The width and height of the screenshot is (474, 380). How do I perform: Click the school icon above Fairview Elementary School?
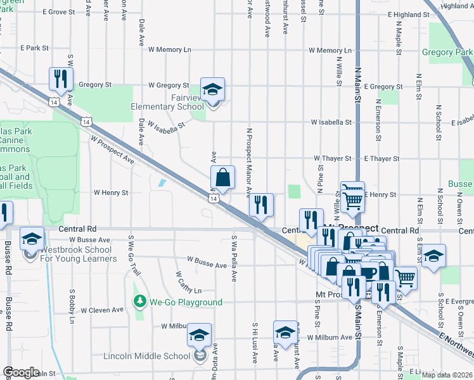(x=213, y=90)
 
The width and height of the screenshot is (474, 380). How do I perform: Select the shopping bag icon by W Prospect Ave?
(x=222, y=179)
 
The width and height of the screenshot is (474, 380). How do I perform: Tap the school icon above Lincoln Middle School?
(x=200, y=336)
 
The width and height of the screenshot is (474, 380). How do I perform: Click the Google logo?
(x=21, y=372)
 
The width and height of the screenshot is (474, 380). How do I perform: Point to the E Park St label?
(x=34, y=47)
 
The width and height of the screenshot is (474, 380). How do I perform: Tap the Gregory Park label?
(x=447, y=53)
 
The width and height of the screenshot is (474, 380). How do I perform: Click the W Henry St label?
(x=111, y=192)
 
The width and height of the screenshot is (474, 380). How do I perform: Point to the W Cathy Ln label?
(x=188, y=284)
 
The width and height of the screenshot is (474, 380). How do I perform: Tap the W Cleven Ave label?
(x=102, y=310)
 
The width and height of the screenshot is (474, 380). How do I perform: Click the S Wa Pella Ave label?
(x=234, y=258)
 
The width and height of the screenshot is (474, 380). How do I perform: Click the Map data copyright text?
(x=447, y=375)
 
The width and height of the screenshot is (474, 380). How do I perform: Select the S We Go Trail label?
(x=130, y=255)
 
